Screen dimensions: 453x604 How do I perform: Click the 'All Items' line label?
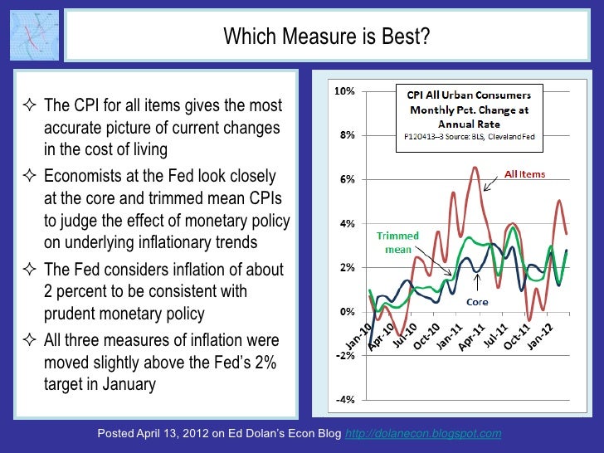(525, 175)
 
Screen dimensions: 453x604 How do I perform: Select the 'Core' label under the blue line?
(476, 302)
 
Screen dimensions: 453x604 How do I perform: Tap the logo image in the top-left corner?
(34, 37)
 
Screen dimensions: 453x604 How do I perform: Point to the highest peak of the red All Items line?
(475, 168)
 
